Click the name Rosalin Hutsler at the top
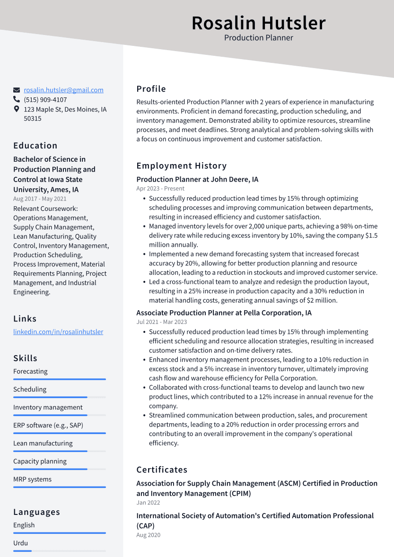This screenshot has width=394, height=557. coord(258,23)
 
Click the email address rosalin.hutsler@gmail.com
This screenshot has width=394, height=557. coord(63,90)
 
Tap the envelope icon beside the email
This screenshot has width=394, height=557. coord(17,90)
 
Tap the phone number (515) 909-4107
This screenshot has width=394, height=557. coord(45,100)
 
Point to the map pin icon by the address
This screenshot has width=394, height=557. coord(17,109)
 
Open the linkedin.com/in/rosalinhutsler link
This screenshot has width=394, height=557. coord(58,331)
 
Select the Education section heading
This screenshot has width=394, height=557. coord(35,146)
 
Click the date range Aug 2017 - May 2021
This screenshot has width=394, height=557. coord(40,199)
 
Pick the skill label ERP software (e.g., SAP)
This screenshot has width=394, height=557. coord(48,425)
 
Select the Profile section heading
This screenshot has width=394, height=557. coord(151,89)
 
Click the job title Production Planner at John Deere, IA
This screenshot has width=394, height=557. coord(197,179)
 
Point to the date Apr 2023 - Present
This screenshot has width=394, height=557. coord(160,189)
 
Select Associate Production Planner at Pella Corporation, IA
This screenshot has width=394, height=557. coord(224,313)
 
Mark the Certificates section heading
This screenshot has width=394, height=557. coord(162,470)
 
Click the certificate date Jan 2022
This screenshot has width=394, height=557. coord(148,503)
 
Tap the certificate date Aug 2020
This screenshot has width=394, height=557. coord(148,535)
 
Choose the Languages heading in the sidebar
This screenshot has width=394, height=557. coord(36,512)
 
